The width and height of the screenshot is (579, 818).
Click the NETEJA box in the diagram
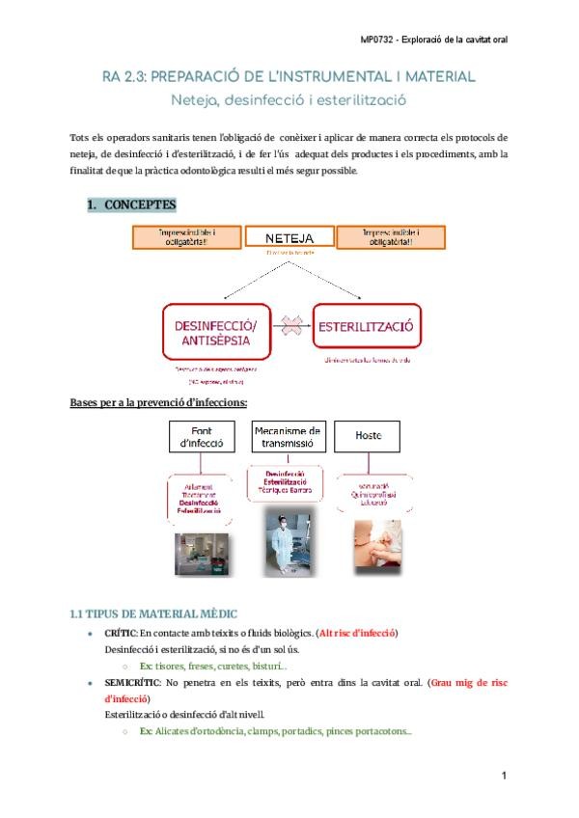coord(289,236)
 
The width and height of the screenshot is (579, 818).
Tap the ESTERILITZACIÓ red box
coord(366,327)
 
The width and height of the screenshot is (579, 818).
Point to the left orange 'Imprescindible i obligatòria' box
coord(186,237)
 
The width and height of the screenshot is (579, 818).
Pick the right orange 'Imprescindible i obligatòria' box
coord(390,237)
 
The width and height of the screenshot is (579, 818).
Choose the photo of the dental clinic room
coord(203,554)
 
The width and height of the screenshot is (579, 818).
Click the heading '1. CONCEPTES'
coord(132,205)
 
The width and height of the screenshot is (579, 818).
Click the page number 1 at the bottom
coord(505,776)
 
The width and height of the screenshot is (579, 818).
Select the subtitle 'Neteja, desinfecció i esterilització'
coord(289,98)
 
